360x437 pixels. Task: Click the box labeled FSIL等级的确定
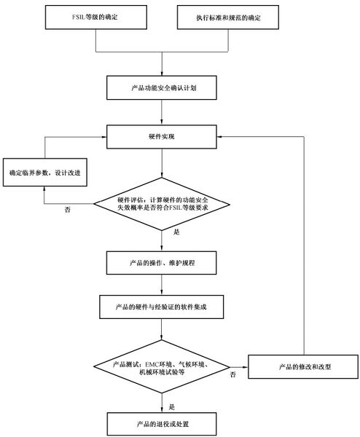tap(94, 16)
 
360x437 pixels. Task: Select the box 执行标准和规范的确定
tap(227, 16)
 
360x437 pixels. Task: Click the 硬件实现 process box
tap(161, 136)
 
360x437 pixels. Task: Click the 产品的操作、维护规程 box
tap(161, 260)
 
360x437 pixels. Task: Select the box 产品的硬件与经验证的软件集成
tap(161, 306)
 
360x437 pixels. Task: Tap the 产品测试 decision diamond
tap(161, 366)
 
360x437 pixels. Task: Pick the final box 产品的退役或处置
tap(161, 422)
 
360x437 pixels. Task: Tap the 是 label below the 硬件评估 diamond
tap(176, 232)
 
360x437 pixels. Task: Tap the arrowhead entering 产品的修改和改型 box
tap(246, 366)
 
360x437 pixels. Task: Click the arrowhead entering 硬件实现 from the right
tap(219, 136)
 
